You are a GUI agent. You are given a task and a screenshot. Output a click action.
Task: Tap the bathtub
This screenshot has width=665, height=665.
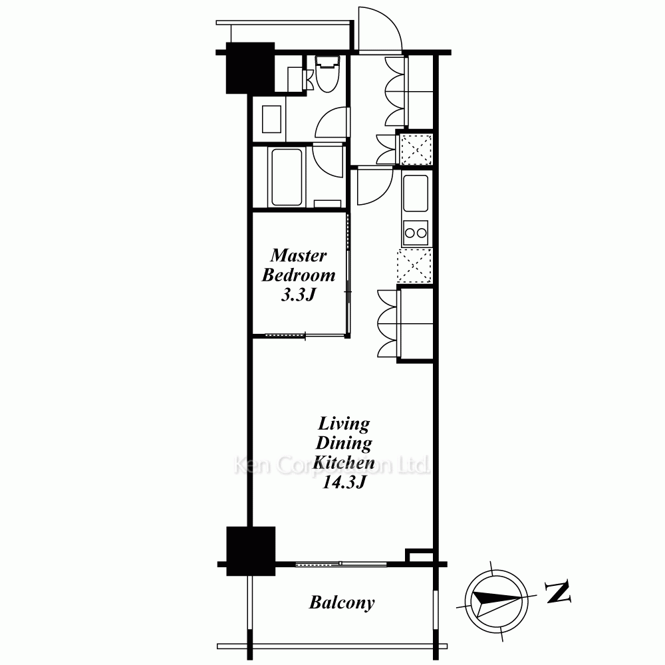point(287,177)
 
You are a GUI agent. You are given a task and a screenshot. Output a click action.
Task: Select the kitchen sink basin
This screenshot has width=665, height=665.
point(416,193)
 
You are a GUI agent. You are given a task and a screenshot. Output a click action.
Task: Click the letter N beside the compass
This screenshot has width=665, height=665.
point(558,593)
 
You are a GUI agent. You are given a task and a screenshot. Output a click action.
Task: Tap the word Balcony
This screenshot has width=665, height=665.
point(342,602)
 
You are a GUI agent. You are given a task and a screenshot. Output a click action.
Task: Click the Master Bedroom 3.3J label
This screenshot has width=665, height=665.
point(299,275)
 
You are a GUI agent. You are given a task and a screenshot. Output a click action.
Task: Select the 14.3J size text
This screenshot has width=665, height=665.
point(344,482)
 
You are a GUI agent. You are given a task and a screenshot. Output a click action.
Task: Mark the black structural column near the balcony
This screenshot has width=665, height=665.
point(251,551)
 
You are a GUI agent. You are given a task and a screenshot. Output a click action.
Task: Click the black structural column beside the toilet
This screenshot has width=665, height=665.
point(250,68)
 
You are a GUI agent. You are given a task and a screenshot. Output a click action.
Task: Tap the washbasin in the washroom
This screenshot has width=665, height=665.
point(271,119)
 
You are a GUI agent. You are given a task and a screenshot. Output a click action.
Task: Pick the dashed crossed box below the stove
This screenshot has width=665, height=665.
point(414,266)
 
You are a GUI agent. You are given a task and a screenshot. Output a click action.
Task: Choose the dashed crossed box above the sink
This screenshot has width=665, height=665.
point(416,149)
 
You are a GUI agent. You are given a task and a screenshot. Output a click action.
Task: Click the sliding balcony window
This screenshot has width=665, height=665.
point(340,564)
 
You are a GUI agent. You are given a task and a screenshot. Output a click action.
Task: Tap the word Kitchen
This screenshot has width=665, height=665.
point(344,462)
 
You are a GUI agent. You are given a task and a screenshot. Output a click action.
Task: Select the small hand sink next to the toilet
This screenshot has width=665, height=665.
point(296,79)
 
